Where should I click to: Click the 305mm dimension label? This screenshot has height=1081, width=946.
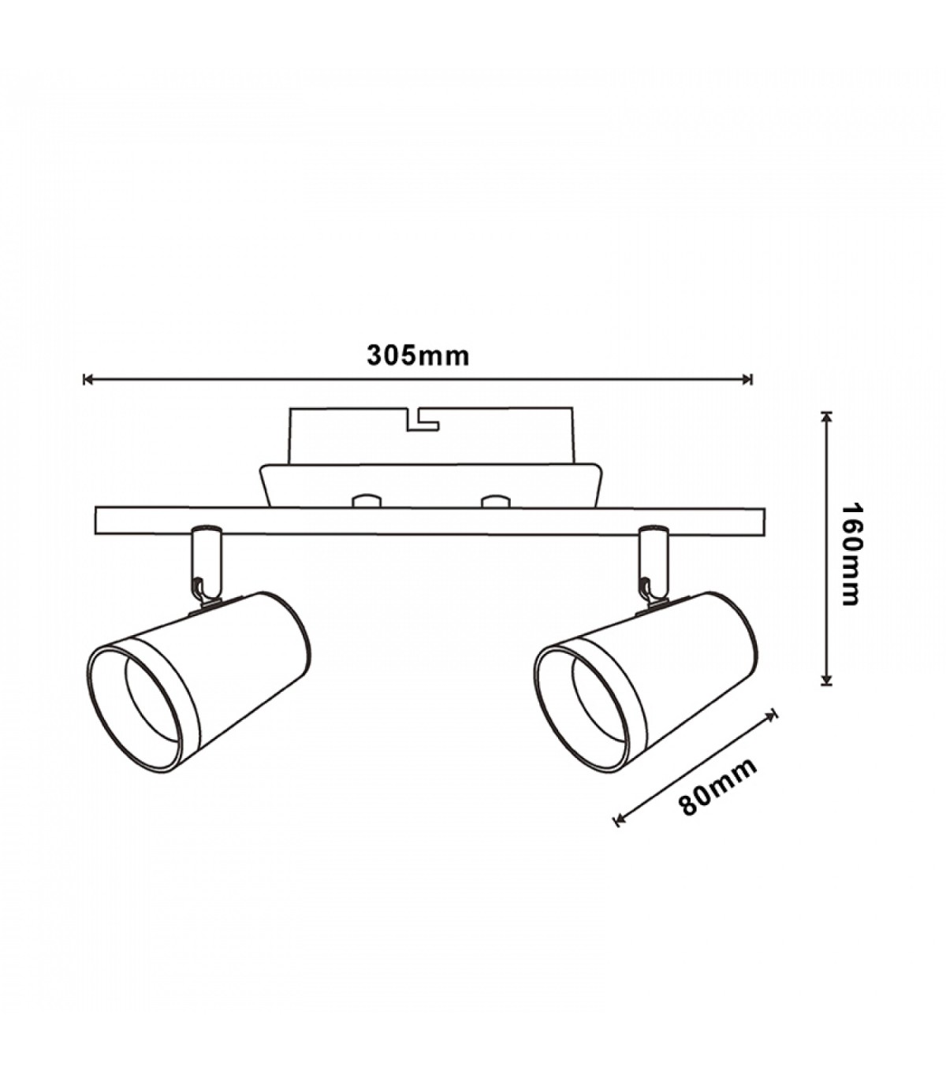pos(418,355)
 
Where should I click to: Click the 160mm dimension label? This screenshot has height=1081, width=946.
pos(851,554)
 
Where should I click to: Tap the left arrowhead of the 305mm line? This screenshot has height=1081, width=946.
pos(88,379)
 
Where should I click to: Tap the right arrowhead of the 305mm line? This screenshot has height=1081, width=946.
pos(747,379)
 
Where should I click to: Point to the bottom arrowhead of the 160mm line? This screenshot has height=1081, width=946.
pos(827,681)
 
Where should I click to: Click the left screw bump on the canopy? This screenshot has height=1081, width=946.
pos(367,500)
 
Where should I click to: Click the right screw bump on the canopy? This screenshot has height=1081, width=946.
pos(494,500)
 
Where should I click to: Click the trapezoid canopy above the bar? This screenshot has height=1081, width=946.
pos(430,485)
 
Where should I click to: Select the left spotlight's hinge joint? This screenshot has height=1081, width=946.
pos(200,596)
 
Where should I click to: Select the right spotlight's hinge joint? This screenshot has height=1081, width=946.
pos(648,596)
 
